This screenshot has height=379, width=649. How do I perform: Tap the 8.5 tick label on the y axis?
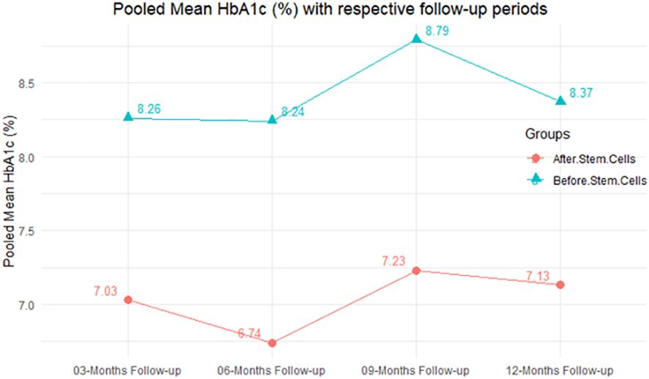tap(26, 83)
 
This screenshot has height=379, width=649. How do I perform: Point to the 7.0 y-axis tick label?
tap(26, 304)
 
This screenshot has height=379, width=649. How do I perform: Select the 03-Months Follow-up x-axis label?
tap(128, 368)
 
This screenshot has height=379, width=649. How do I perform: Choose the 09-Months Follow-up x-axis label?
tap(416, 368)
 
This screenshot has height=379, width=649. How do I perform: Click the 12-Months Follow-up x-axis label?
tap(560, 368)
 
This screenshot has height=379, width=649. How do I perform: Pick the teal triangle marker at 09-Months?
tap(416, 39)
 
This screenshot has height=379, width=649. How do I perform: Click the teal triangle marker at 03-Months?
tap(128, 117)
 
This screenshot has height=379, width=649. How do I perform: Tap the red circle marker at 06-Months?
tap(272, 342)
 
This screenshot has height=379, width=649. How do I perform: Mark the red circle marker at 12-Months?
tap(560, 285)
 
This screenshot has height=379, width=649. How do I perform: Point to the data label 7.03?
tap(105, 292)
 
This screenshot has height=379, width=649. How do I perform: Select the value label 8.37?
tap(582, 94)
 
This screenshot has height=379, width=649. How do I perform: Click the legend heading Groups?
tap(548, 135)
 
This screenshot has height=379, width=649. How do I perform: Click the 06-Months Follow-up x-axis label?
tap(272, 368)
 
